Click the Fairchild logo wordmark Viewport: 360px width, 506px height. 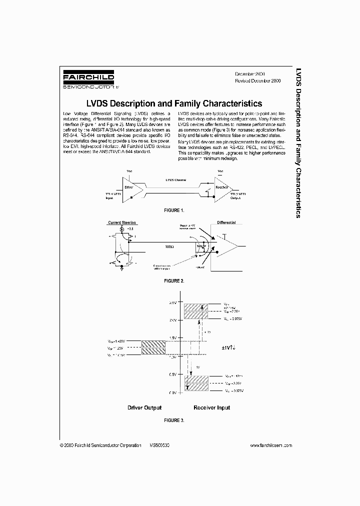pyautogui.click(x=88, y=78)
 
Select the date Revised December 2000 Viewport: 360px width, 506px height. pyautogui.click(x=257, y=80)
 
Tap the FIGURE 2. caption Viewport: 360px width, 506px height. pyautogui.click(x=174, y=281)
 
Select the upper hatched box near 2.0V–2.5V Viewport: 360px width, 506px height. pyautogui.click(x=195, y=311)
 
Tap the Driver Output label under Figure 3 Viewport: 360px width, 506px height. pyautogui.click(x=144, y=407)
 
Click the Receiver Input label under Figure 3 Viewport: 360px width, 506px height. pyautogui.click(x=212, y=407)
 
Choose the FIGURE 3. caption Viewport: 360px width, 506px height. pyautogui.click(x=174, y=420)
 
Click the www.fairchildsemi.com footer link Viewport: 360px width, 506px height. pyautogui.click(x=270, y=445)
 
